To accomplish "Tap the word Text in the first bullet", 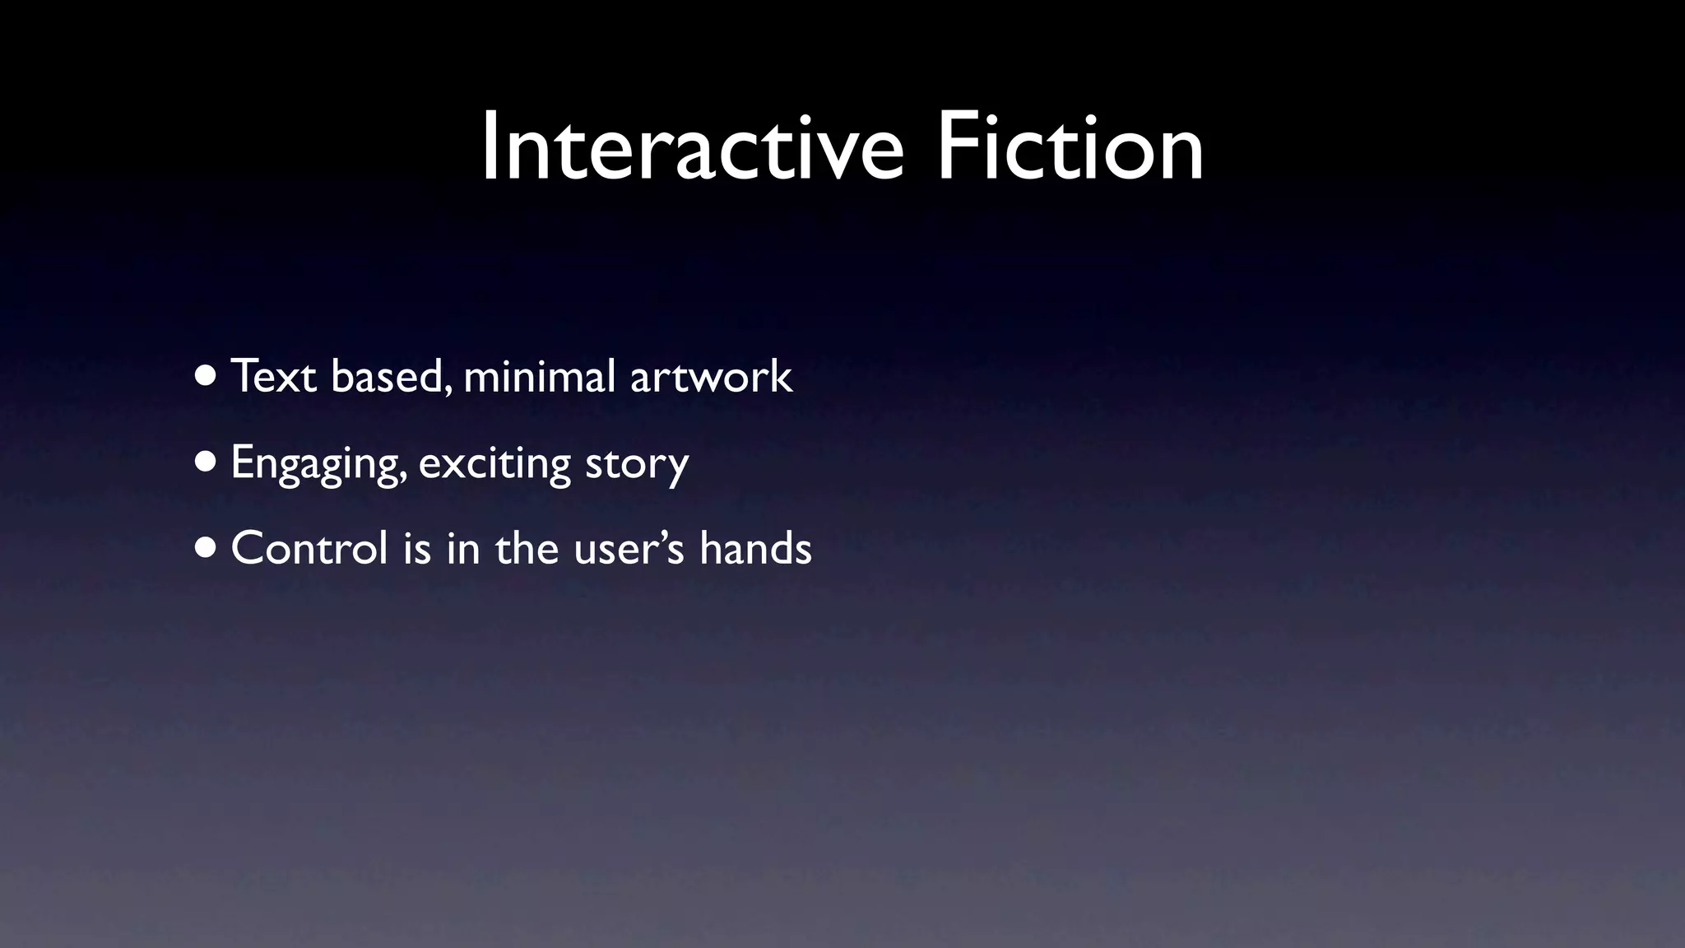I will [x=274, y=377].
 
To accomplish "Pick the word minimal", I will [x=540, y=377].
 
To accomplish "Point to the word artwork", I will [x=711, y=377].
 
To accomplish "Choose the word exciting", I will [x=494, y=463].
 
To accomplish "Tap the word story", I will [x=637, y=463].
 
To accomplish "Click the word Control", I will [x=309, y=549].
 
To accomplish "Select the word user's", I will [x=629, y=549].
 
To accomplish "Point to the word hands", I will [x=755, y=549].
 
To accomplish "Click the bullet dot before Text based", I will [x=207, y=377].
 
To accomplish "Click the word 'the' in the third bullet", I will [x=527, y=549].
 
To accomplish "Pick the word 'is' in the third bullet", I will [x=417, y=549].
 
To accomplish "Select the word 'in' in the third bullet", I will [x=463, y=549].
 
